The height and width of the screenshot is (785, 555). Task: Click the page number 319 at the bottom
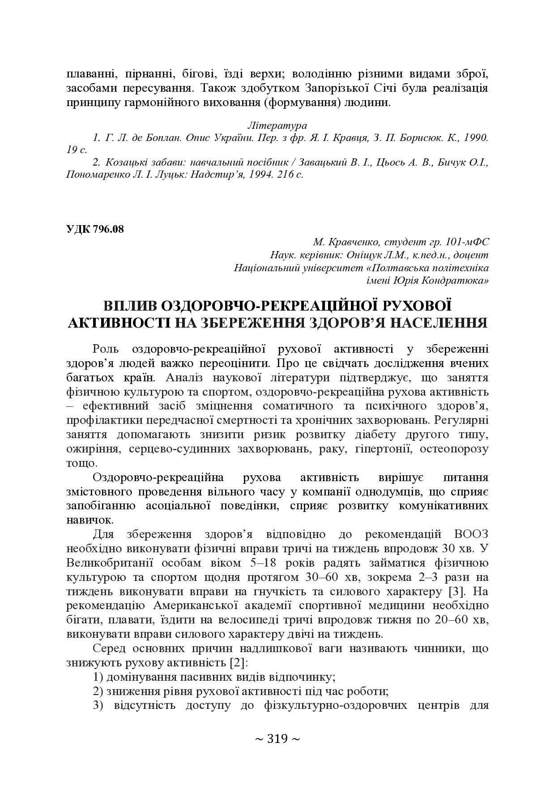pos(277,739)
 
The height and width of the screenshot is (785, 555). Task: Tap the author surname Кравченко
pos(354,242)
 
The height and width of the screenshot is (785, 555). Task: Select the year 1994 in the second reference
pos(259,174)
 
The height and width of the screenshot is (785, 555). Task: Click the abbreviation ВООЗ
pos(471,534)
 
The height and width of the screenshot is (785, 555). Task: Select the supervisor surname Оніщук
pos(366,255)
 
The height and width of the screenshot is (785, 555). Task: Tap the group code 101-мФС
pos(468,242)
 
